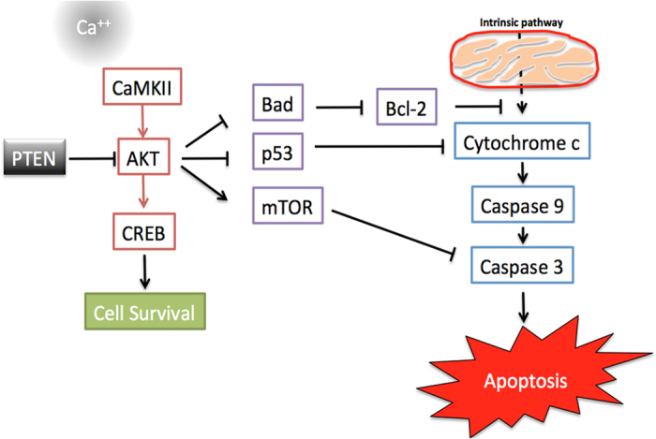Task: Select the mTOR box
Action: pyautogui.click(x=288, y=204)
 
